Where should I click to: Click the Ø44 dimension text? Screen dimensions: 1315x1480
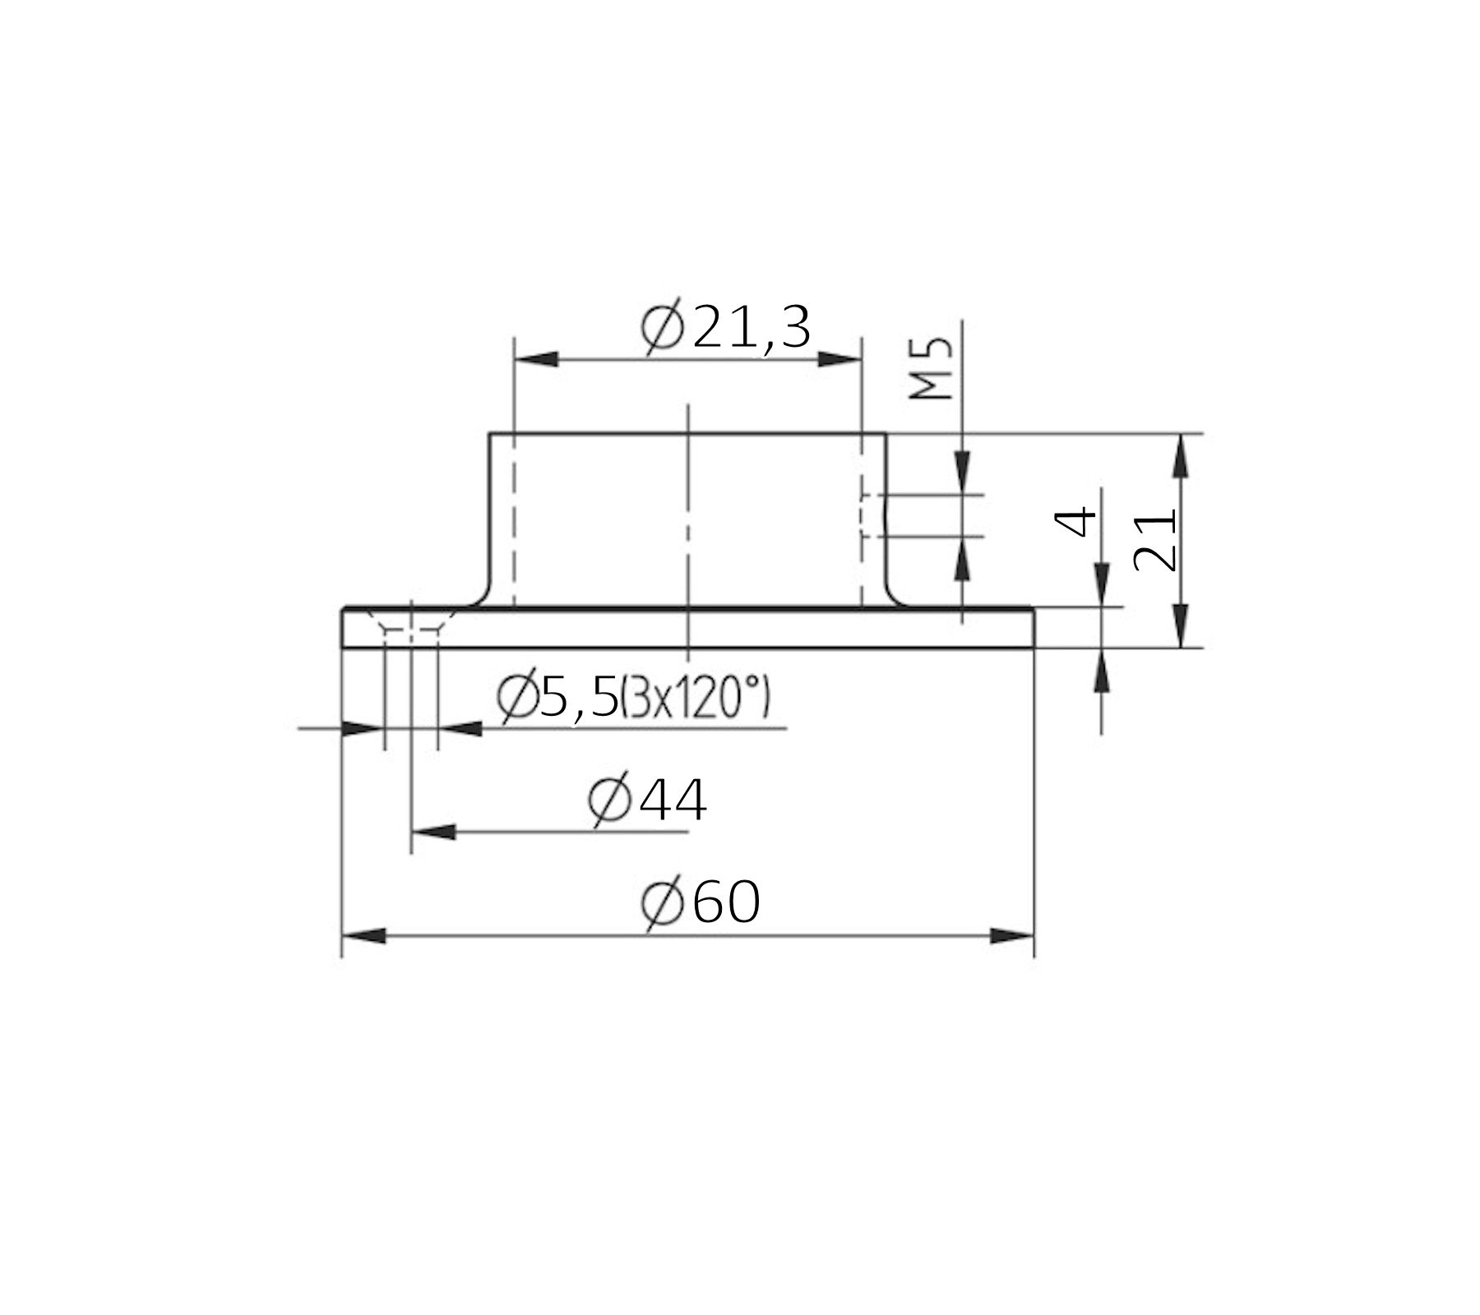tap(648, 801)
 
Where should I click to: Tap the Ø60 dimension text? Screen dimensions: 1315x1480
tap(701, 903)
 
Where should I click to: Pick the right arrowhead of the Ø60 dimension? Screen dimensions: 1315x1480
tap(1011, 936)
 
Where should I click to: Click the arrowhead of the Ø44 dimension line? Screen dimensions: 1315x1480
tap(432, 832)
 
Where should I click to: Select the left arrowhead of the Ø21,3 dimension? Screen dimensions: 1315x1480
tap(535, 359)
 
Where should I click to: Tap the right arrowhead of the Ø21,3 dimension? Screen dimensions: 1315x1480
tap(839, 359)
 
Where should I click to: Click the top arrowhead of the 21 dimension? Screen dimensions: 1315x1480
tap(1181, 455)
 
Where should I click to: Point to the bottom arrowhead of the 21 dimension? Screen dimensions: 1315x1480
tap(1181, 626)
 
